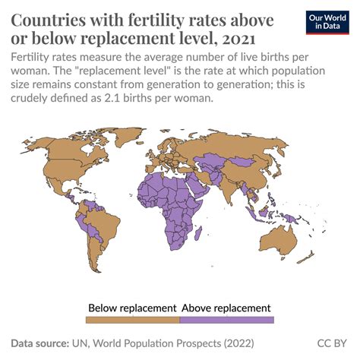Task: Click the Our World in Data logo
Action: pyautogui.click(x=331, y=22)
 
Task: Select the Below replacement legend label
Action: pyautogui.click(x=133, y=308)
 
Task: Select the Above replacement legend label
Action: pyautogui.click(x=226, y=308)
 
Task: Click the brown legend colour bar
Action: pyautogui.click(x=133, y=320)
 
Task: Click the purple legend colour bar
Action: pyautogui.click(x=226, y=320)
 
